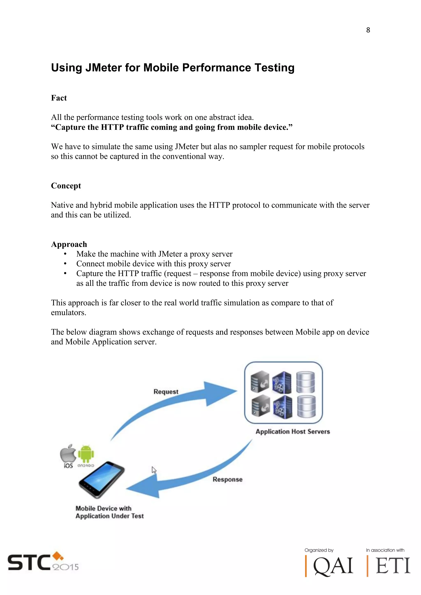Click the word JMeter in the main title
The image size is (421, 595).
(103, 68)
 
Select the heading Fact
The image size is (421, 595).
(59, 98)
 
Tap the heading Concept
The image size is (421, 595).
(66, 186)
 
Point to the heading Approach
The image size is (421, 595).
(69, 244)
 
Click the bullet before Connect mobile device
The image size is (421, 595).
(65, 264)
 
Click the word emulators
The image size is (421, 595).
(68, 312)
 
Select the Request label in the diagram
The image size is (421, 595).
(166, 392)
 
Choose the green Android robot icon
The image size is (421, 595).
(86, 454)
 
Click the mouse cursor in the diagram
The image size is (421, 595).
(154, 470)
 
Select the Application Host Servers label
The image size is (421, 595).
(293, 431)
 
